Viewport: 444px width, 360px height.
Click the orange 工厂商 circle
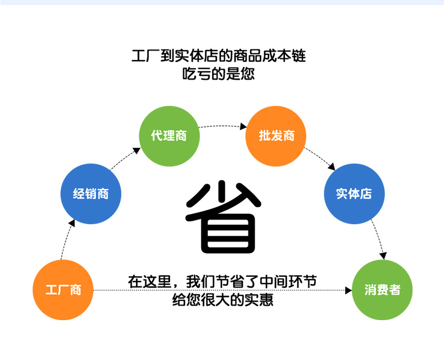pyautogui.click(x=63, y=290)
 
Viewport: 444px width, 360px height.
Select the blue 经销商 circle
pyautogui.click(x=90, y=194)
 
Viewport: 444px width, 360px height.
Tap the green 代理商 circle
pyautogui.click(x=169, y=135)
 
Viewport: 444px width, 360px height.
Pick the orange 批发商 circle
pyautogui.click(x=275, y=135)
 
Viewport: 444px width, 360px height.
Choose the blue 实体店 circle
pyautogui.click(x=354, y=194)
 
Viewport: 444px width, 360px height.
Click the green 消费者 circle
pyautogui.click(x=382, y=290)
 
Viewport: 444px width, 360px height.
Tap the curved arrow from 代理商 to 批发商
pyautogui.click(x=223, y=126)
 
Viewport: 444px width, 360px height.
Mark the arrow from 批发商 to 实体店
pyautogui.click(x=320, y=158)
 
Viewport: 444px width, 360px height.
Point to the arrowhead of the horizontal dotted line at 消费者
pyautogui.click(x=347, y=290)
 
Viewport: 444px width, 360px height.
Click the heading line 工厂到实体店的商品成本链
pyautogui.click(x=219, y=56)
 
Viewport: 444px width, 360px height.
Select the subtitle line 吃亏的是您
pyautogui.click(x=219, y=74)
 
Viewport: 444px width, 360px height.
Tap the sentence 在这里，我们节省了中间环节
pyautogui.click(x=222, y=281)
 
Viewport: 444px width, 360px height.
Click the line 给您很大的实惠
pyautogui.click(x=223, y=300)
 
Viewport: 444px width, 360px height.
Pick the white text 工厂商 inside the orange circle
pyautogui.click(x=63, y=290)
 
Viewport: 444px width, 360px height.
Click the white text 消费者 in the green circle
pyautogui.click(x=382, y=290)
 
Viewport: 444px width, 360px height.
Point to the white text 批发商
pyautogui.click(x=275, y=135)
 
